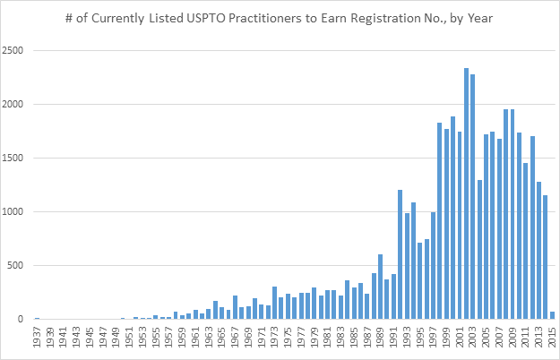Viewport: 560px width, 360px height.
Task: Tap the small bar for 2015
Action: [x=552, y=315]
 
